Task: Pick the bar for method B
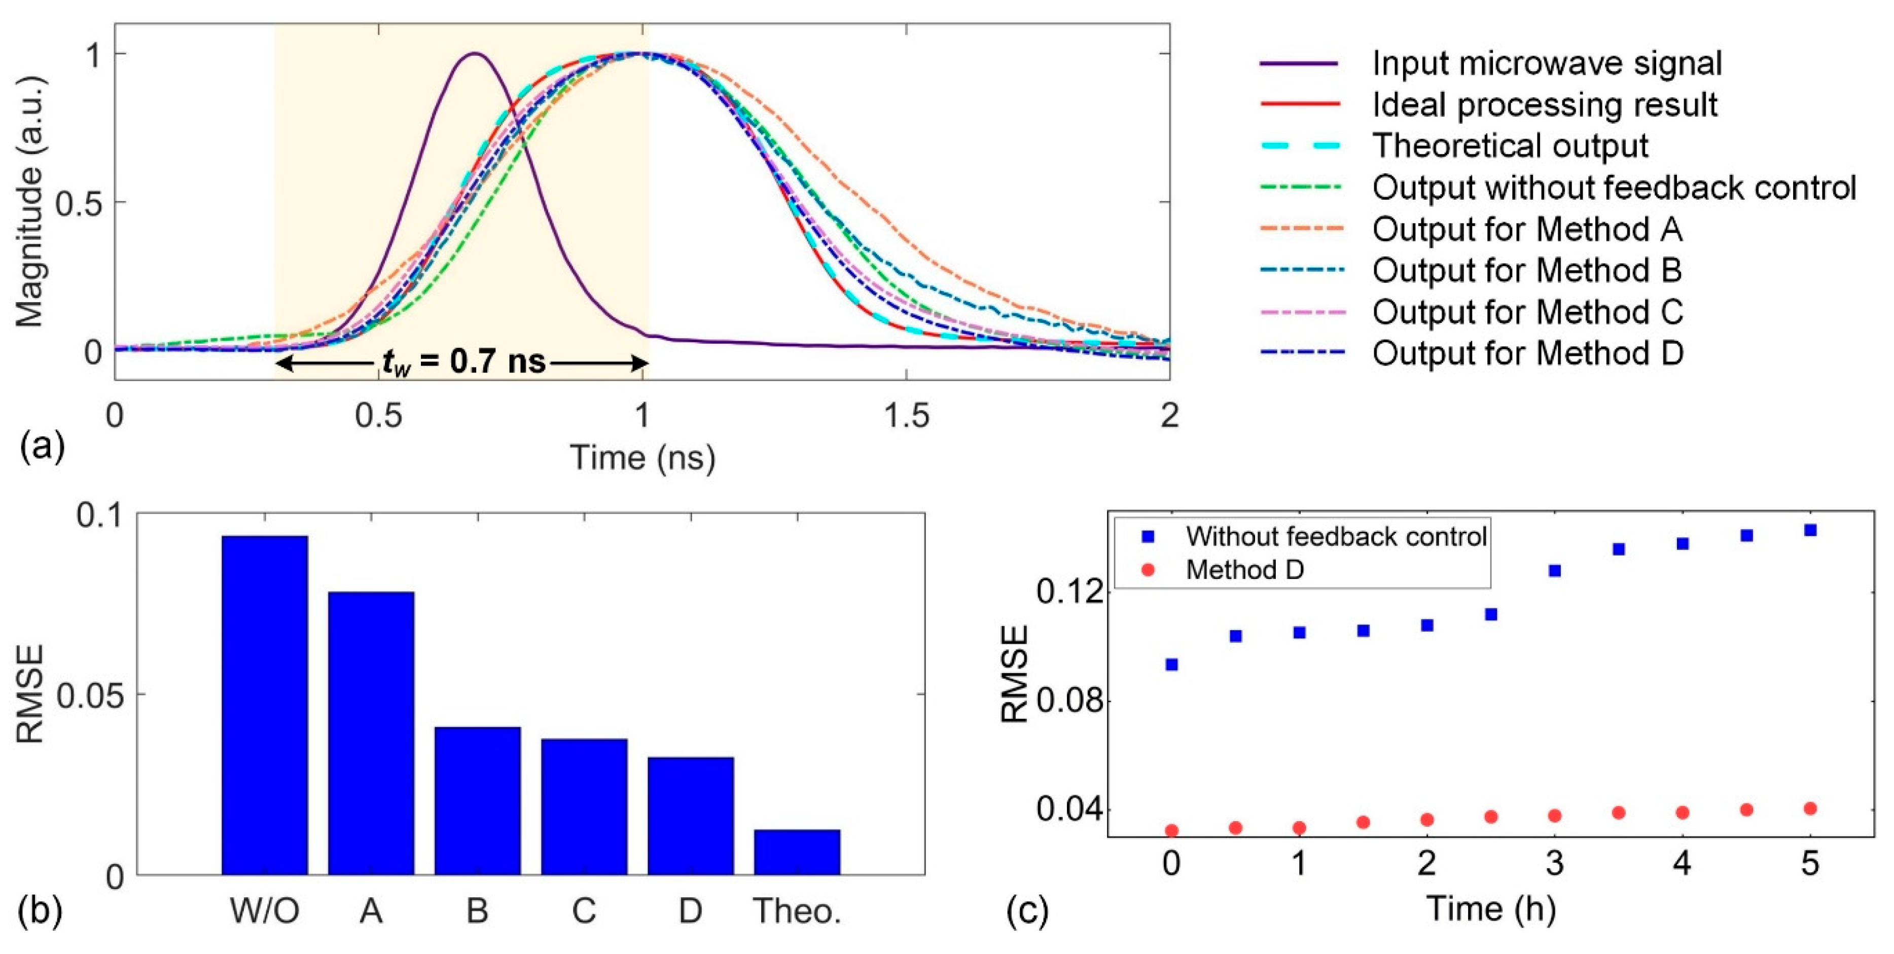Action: pyautogui.click(x=477, y=800)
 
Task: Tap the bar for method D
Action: pyautogui.click(x=690, y=815)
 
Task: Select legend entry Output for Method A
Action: pyautogui.click(x=1526, y=229)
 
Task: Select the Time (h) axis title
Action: pyautogui.click(x=1490, y=909)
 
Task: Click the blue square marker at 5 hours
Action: pyautogui.click(x=1810, y=530)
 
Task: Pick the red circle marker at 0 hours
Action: pyautogui.click(x=1172, y=830)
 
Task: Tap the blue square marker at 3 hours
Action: pyautogui.click(x=1554, y=570)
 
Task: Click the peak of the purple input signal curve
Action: pyautogui.click(x=476, y=54)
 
